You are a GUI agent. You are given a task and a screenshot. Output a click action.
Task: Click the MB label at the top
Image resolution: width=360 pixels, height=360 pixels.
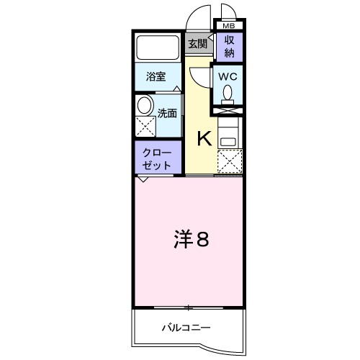click(x=228, y=24)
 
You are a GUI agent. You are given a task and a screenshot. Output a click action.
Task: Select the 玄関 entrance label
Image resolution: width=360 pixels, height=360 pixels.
click(x=197, y=43)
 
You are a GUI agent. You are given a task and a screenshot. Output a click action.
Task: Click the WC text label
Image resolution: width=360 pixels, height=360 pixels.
click(x=228, y=74)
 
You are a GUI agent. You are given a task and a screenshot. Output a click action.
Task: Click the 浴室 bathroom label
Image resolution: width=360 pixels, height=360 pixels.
click(x=156, y=76)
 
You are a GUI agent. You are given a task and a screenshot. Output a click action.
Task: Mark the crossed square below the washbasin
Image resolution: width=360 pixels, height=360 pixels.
click(x=145, y=127)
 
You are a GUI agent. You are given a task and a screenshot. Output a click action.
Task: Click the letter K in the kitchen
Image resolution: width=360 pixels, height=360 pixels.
click(x=204, y=138)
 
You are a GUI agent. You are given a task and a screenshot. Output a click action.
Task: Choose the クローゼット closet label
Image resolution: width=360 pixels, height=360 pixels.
click(x=156, y=158)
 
